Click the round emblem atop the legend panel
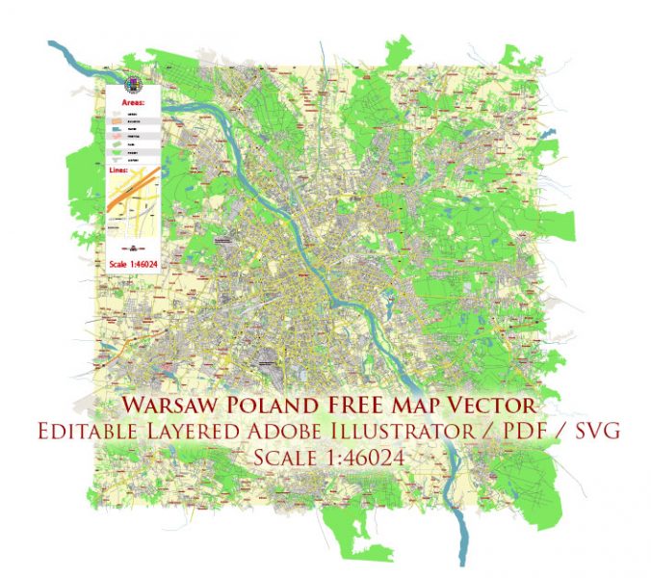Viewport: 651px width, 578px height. click(x=131, y=85)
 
